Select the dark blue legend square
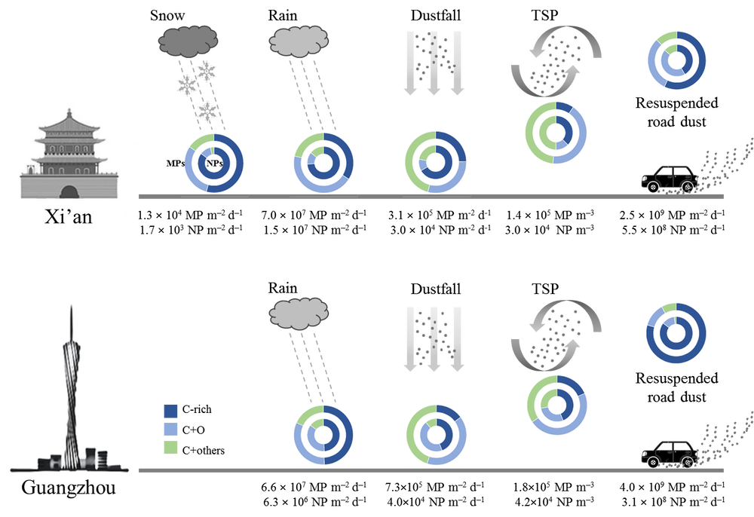(x=171, y=411)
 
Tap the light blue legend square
(x=171, y=429)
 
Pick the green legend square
(x=171, y=447)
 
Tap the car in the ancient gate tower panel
(x=669, y=179)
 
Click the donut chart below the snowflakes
(x=213, y=162)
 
